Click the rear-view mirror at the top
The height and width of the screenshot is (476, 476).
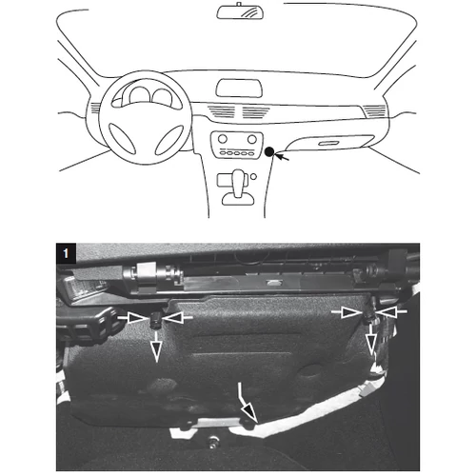240,12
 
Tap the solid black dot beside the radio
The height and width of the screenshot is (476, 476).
269,152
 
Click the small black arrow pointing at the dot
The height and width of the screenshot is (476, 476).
282,156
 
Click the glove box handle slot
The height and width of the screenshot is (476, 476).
329,144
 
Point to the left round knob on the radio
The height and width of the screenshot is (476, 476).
223,139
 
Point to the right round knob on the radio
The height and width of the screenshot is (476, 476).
252,139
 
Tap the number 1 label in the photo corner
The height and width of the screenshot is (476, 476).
66,253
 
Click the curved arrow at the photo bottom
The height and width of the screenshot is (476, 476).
246,403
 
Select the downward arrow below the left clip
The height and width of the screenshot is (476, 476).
156,347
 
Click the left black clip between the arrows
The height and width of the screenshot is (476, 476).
155,321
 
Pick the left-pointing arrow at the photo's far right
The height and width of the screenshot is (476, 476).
392,312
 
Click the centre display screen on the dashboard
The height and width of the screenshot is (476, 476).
239,89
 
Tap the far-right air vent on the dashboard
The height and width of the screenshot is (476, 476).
374,110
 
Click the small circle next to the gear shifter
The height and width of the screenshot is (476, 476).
253,177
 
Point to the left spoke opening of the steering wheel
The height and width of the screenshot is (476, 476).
122,139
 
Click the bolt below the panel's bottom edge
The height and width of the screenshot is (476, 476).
212,442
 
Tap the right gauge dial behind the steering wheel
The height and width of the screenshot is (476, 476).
163,97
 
